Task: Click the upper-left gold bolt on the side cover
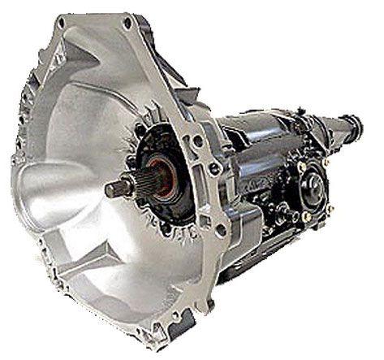click(301, 167)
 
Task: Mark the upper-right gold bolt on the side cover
click(326, 163)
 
